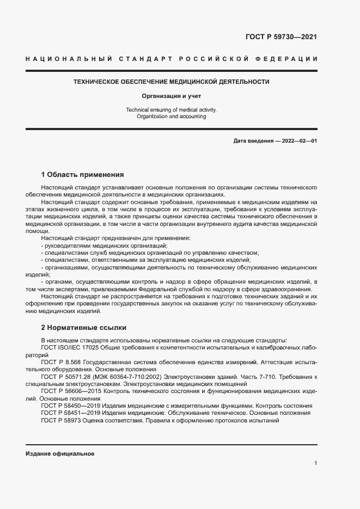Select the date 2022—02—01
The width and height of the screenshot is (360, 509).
point(298,140)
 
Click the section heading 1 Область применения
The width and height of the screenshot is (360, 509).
point(83,175)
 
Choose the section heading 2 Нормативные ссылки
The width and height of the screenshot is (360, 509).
point(84,328)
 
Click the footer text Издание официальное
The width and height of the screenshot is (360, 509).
point(60,453)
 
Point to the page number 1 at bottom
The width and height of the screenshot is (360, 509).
point(315,463)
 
